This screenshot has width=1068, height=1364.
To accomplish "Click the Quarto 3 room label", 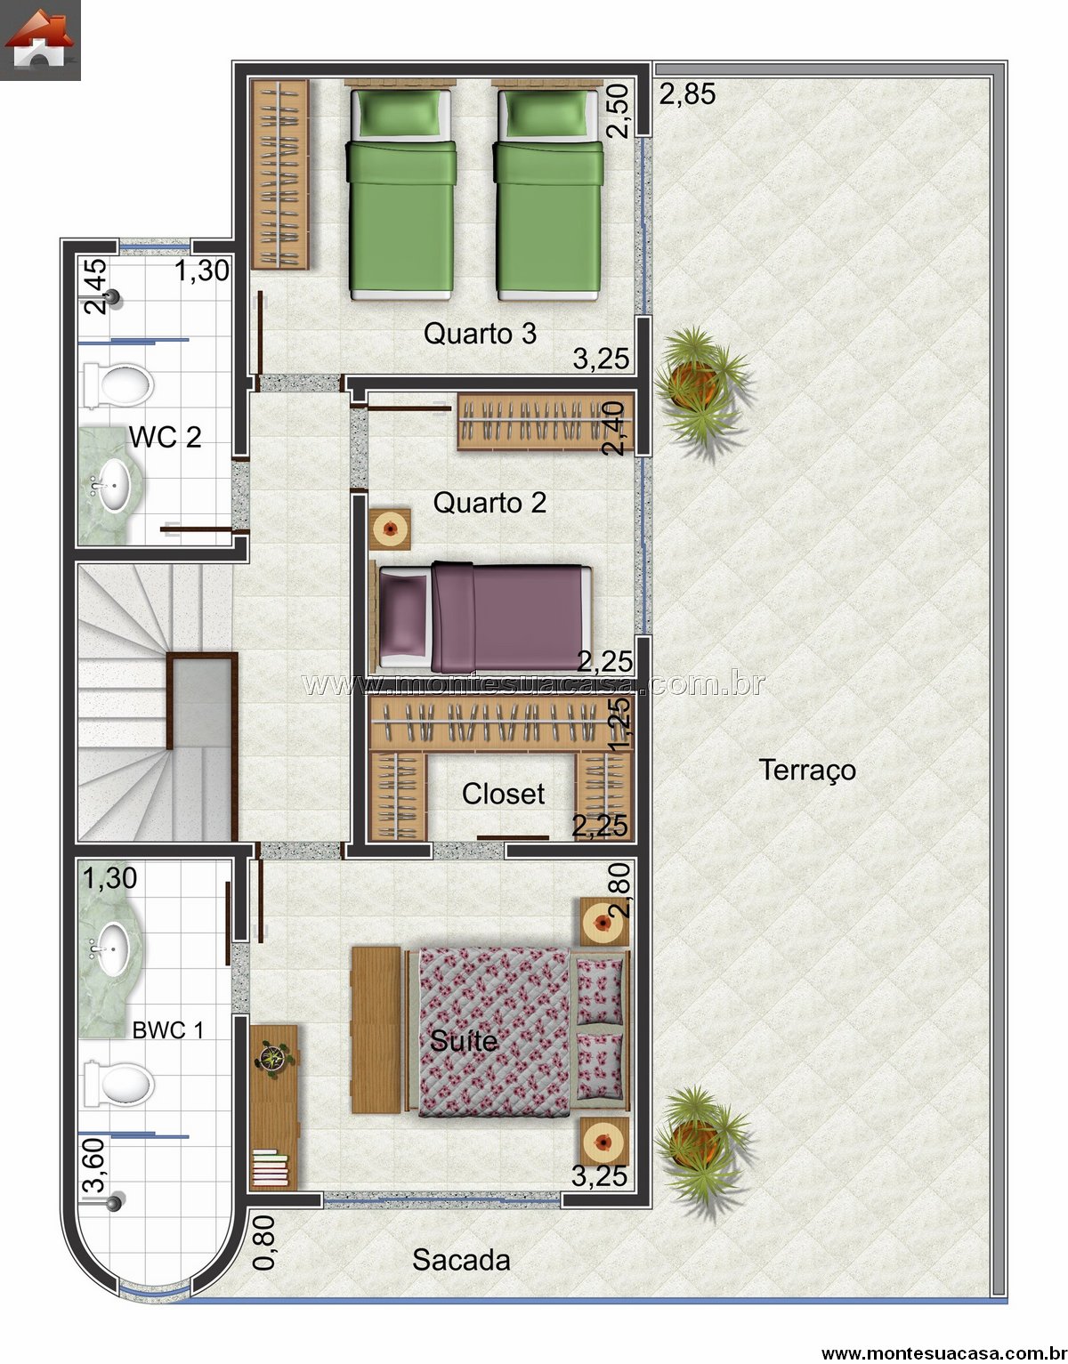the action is coord(480,334).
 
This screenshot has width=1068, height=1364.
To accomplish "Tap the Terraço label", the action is coord(807,771).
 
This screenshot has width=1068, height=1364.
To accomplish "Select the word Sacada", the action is coord(461,1260).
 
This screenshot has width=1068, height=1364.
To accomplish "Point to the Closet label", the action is coord(503,794).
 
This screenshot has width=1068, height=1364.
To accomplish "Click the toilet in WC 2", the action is coord(118,384).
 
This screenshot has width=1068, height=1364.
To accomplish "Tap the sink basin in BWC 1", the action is coord(114,948).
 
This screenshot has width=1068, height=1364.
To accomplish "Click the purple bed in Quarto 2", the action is coord(485,617).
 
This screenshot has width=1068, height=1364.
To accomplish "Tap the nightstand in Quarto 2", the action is coord(390,529).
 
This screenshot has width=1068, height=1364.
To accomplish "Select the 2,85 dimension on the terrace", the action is coord(687,94).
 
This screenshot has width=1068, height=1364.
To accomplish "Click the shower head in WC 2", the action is coord(113,297).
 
